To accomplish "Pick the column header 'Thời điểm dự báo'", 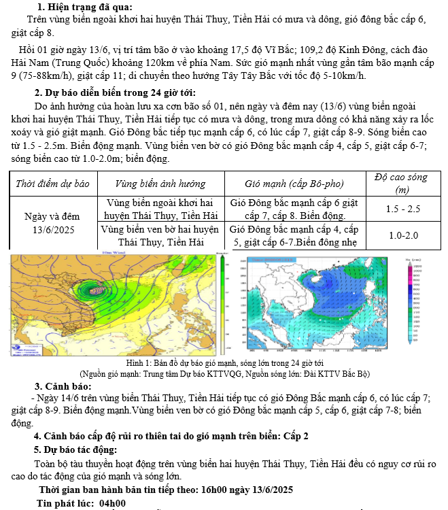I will tap(52, 184).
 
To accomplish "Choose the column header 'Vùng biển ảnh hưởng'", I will tap(160, 184).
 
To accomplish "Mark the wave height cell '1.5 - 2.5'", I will tap(403, 209).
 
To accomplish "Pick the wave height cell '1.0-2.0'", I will tap(403, 235).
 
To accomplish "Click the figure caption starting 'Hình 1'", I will tap(224, 364).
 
